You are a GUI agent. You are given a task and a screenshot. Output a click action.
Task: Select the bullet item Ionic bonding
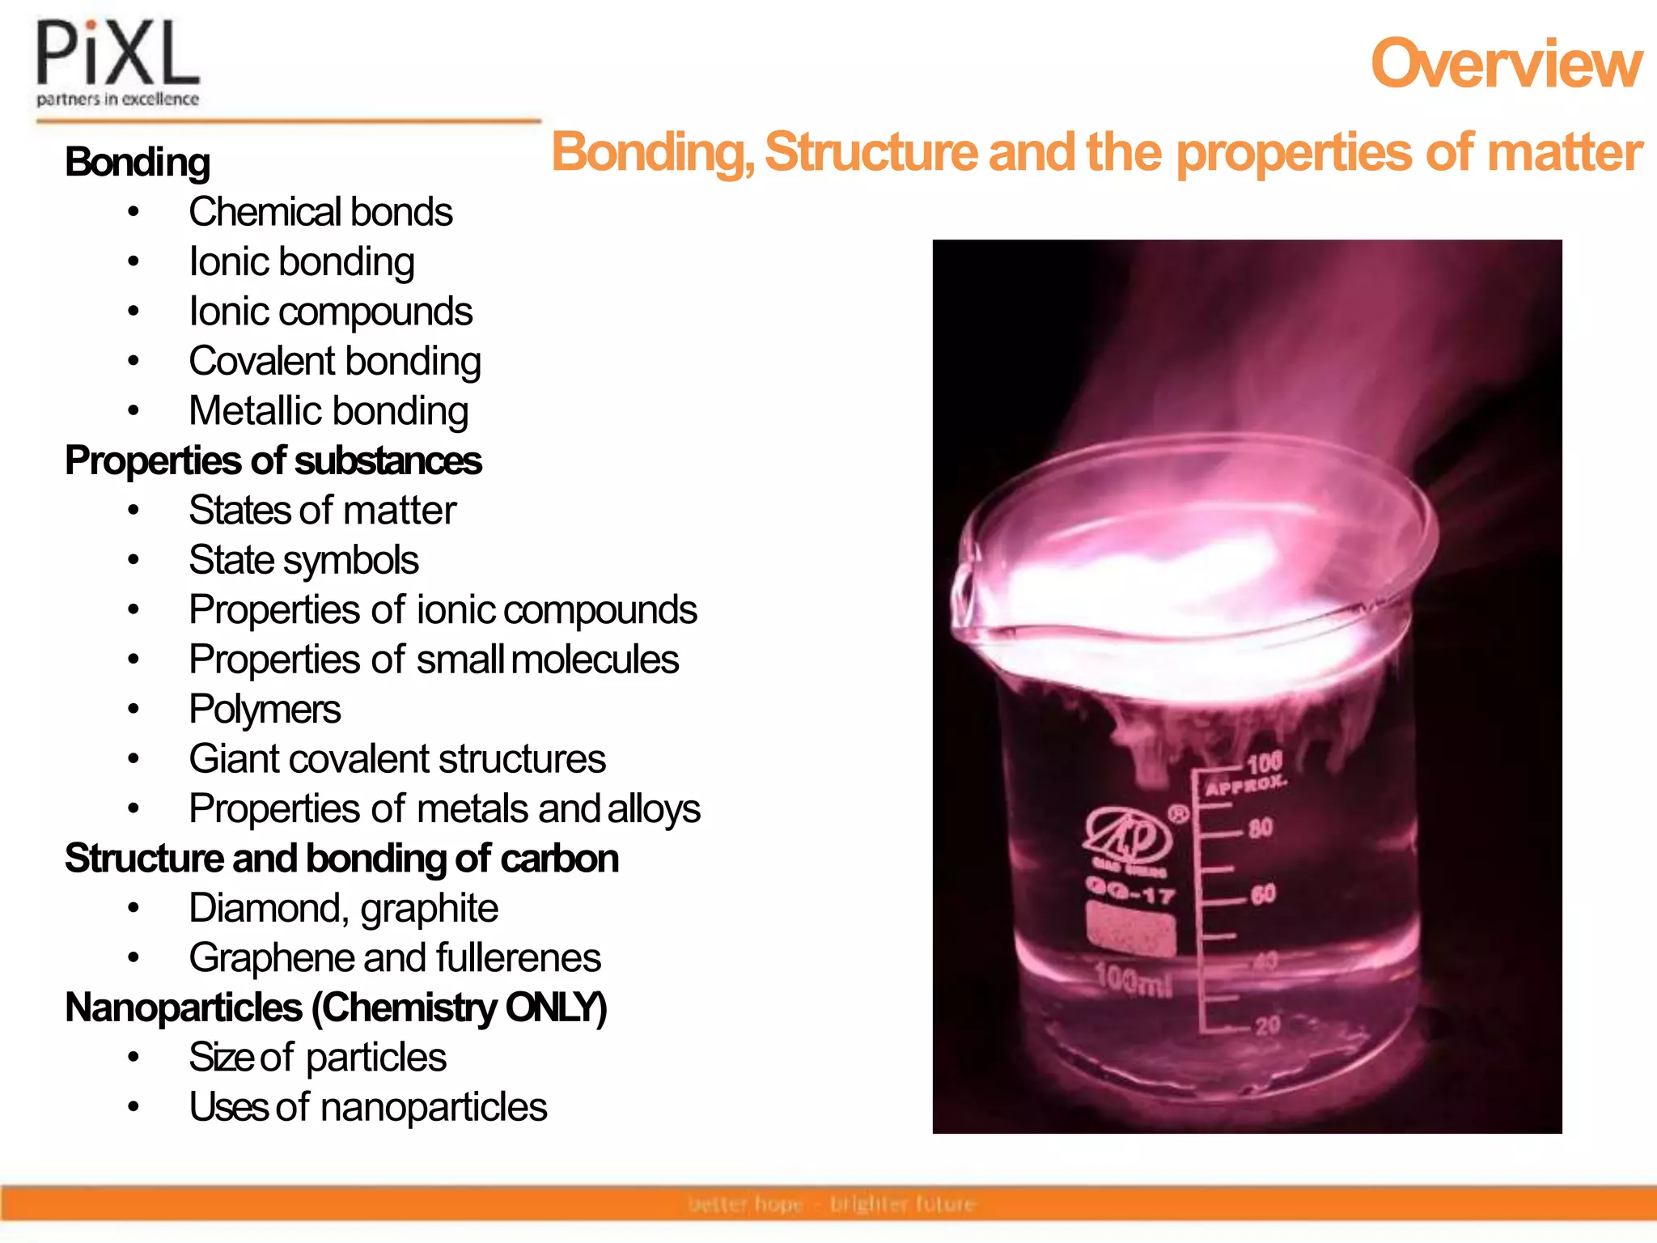point(301,262)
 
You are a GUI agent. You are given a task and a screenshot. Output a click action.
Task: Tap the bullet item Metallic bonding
point(328,411)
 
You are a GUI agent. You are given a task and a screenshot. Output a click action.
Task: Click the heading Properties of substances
point(273,461)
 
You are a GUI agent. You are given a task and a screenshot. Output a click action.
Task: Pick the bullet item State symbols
point(303,560)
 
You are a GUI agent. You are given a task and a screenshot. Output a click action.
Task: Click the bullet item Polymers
point(265,710)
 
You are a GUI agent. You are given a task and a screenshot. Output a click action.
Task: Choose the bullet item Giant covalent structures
point(397,759)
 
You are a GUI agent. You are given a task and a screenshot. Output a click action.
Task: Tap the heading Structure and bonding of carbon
point(341,859)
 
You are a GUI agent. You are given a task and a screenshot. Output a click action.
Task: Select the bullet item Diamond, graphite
point(343,908)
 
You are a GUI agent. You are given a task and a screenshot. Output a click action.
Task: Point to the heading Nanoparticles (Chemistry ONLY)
point(336,1008)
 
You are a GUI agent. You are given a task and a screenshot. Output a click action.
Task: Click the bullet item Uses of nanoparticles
point(368,1107)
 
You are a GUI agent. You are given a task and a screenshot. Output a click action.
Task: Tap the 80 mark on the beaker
point(1260,828)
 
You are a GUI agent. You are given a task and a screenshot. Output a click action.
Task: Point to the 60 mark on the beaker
point(1263,894)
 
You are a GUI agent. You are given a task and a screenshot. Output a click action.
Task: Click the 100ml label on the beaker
point(1133,980)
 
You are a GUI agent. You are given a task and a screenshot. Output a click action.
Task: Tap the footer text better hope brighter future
point(832,1204)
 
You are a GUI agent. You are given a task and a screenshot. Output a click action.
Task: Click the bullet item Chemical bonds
point(320,212)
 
